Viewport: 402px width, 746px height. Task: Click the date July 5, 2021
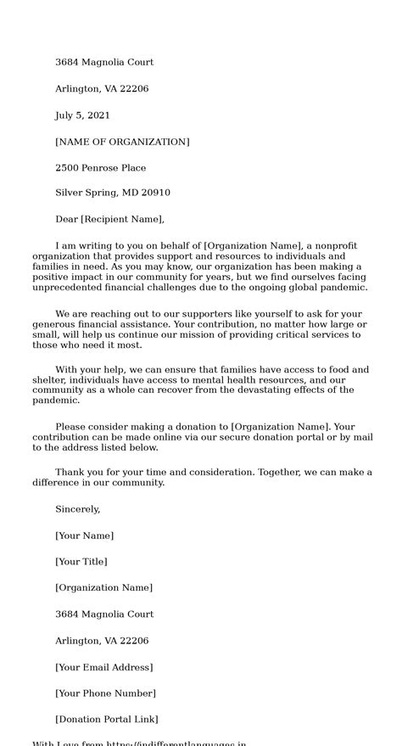tap(82, 115)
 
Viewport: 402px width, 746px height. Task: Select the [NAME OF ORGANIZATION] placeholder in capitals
tap(122, 142)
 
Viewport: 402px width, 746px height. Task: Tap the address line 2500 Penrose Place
tap(100, 168)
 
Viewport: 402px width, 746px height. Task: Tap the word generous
tap(53, 325)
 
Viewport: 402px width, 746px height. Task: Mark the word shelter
tap(48, 380)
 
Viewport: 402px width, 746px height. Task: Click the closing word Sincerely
tap(77, 509)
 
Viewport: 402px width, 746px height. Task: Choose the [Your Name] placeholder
tap(84, 536)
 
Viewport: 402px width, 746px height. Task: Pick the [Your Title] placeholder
tap(81, 562)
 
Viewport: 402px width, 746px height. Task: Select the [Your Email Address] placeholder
tap(103, 667)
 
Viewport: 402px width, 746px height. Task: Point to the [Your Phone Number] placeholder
tap(105, 693)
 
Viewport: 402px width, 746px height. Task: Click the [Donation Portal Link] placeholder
tap(107, 720)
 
